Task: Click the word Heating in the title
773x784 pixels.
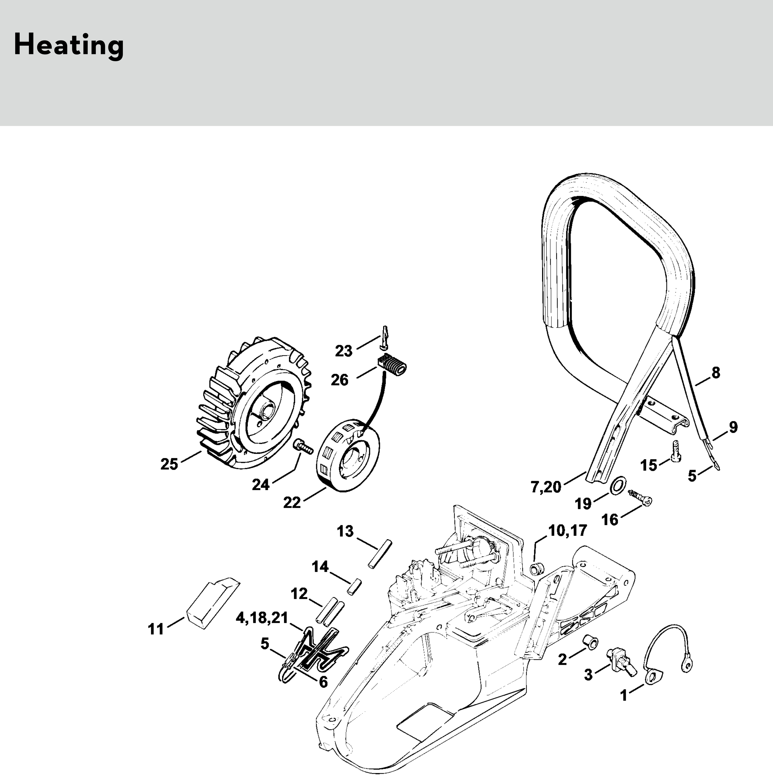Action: [x=69, y=45]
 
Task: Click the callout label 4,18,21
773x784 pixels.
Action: [x=262, y=618]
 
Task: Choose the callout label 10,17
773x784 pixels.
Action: [x=567, y=530]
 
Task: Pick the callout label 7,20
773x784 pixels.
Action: [x=546, y=487]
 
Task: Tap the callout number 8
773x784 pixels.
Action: [x=716, y=373]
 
